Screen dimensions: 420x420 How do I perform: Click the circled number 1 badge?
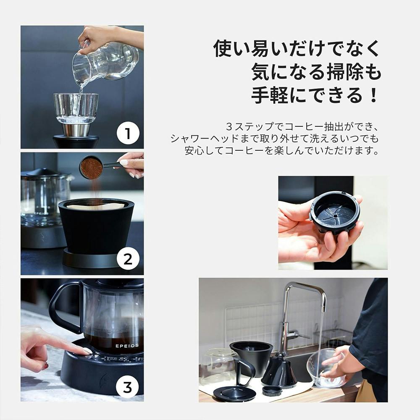pos(128,134)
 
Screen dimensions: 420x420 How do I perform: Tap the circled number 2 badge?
pos(128,260)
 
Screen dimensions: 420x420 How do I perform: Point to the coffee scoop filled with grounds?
pos(92,168)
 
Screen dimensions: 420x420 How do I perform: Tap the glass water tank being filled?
pos(76,108)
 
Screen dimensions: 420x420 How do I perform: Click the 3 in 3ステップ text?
pos(229,126)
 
